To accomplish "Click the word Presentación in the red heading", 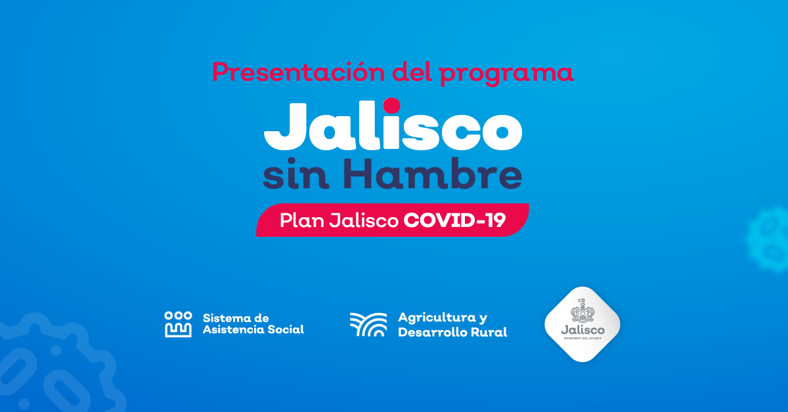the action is tap(298, 72).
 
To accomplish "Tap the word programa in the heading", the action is tap(506, 75).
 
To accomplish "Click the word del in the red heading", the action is tap(412, 72).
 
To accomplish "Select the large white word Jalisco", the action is tap(393, 125).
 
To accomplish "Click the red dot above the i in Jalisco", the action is tap(391, 106).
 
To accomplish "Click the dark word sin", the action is tap(296, 175).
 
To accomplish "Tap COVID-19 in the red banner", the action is tap(454, 220).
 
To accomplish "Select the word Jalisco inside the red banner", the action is tap(364, 220).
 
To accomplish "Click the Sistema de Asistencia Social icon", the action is tap(178, 324).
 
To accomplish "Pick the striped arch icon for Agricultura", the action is tap(368, 325).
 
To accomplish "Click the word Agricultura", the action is tap(437, 317).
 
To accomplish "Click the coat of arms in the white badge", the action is tap(582, 310).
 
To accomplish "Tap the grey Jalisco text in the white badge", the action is tap(582, 330).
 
